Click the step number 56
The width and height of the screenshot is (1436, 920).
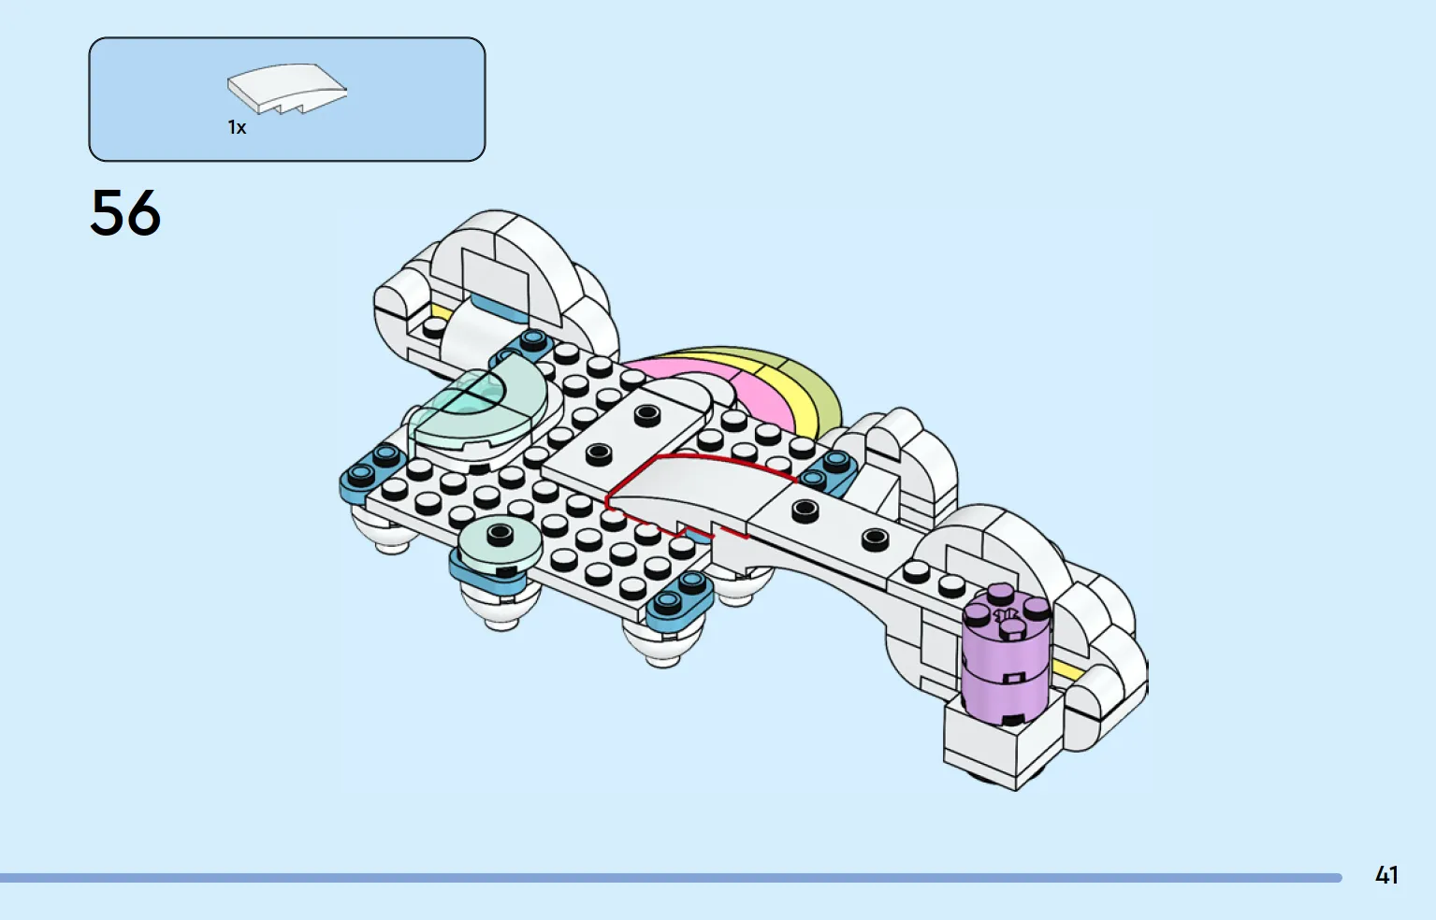(125, 213)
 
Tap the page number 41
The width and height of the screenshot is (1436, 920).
(1386, 875)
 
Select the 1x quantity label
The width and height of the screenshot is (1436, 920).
(237, 127)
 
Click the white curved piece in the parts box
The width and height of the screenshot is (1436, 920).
(286, 88)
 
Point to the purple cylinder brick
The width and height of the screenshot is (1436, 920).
(1006, 659)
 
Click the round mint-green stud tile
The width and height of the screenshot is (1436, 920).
(500, 541)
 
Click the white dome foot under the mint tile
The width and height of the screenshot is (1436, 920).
(501, 608)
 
